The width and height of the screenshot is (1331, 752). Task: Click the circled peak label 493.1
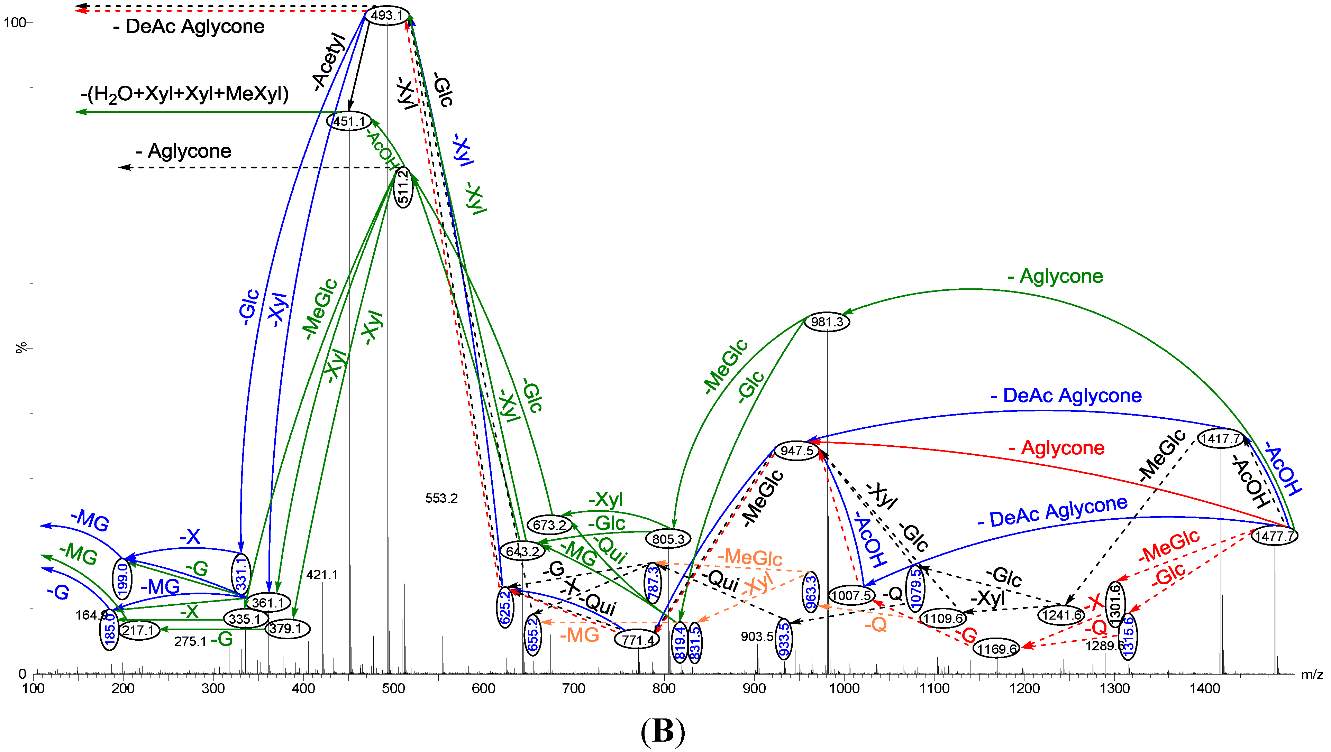click(387, 15)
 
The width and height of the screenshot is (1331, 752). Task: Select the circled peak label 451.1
click(349, 121)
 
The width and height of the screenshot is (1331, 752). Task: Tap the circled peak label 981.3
click(827, 322)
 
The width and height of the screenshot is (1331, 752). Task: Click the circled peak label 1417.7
click(1220, 438)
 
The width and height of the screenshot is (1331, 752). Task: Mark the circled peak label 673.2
click(549, 525)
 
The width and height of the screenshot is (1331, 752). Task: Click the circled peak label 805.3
click(668, 539)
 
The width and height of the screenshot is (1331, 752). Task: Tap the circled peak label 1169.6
click(997, 649)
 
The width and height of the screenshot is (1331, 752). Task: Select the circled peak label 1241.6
click(1061, 615)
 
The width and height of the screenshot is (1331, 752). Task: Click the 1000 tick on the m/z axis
click(844, 688)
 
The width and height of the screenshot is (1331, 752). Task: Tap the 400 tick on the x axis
click(303, 688)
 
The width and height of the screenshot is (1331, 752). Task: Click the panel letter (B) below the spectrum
click(663, 731)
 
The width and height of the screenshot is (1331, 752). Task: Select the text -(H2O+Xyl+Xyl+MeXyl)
click(184, 94)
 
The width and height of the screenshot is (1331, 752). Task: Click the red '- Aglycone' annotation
click(1056, 448)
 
